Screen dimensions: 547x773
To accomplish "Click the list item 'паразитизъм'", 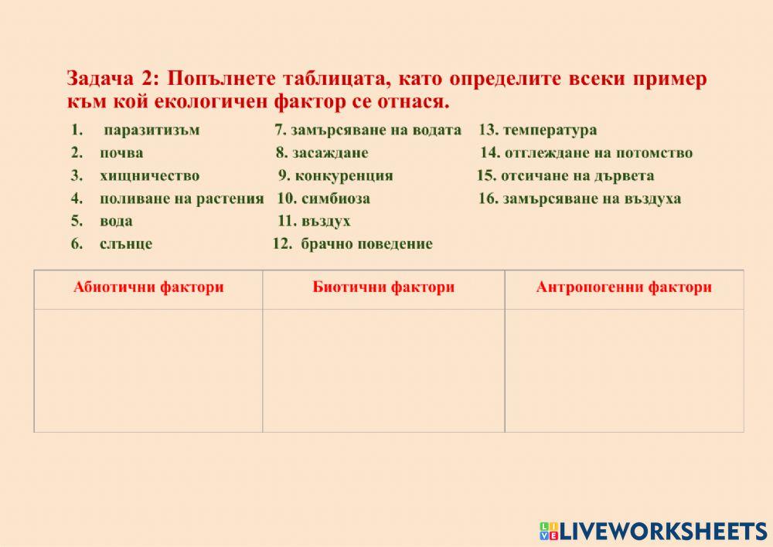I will click(x=151, y=130).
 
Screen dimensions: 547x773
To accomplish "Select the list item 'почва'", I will click(x=121, y=153).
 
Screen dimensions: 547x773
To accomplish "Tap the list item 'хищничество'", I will click(x=149, y=175).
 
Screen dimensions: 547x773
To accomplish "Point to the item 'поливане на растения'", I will click(x=182, y=199).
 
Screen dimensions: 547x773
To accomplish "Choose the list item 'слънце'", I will click(x=126, y=244).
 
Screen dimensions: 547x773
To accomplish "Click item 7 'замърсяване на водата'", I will click(x=376, y=130).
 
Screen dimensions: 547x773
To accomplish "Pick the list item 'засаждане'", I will click(x=330, y=153).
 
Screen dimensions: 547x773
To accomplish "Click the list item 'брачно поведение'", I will click(x=366, y=244).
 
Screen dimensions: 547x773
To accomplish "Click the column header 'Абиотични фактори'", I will click(x=148, y=288).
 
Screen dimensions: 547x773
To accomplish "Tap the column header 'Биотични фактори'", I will click(x=383, y=288).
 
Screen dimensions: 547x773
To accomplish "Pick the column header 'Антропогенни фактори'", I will click(x=624, y=288).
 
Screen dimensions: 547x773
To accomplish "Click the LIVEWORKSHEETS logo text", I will click(x=662, y=531).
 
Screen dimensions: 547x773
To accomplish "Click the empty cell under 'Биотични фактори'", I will click(x=383, y=370).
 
